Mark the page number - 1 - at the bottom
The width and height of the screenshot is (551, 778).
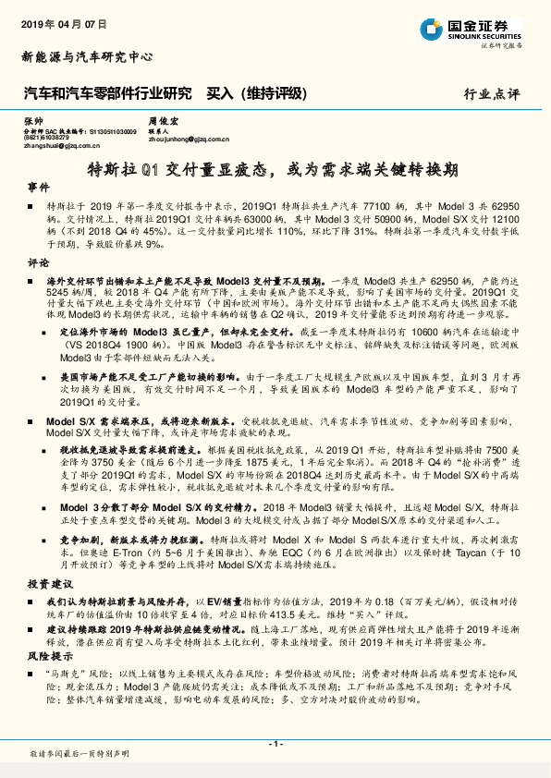[275, 744]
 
